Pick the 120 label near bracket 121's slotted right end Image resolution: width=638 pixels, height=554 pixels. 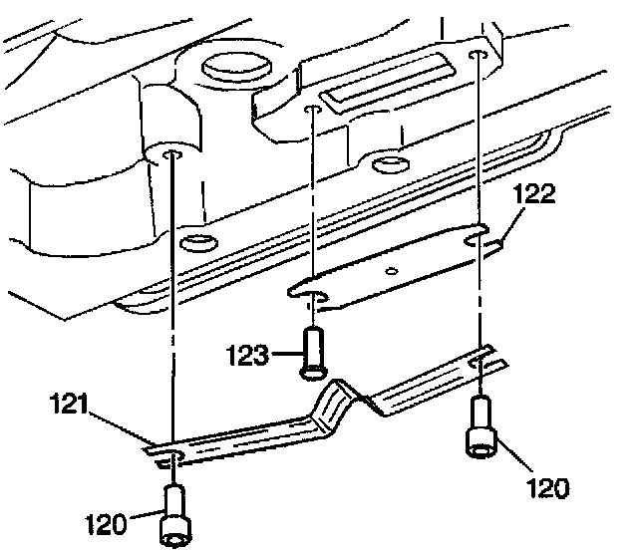pyautogui.click(x=546, y=487)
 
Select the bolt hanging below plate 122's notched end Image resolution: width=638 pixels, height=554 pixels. pyautogui.click(x=480, y=425)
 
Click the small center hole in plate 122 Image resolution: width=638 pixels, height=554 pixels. pyautogui.click(x=393, y=269)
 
